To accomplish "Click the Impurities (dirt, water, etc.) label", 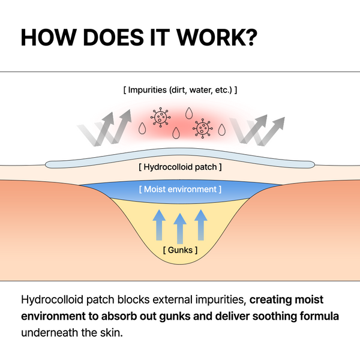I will click(180, 91).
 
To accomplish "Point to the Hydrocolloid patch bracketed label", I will click(180, 166).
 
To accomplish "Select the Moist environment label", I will click(180, 190).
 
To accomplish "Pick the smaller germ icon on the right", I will click(202, 127).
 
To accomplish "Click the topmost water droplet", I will click(190, 112).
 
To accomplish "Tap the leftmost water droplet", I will click(142, 128).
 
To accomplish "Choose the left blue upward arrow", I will click(159, 223).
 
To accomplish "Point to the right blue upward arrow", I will click(201, 223).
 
